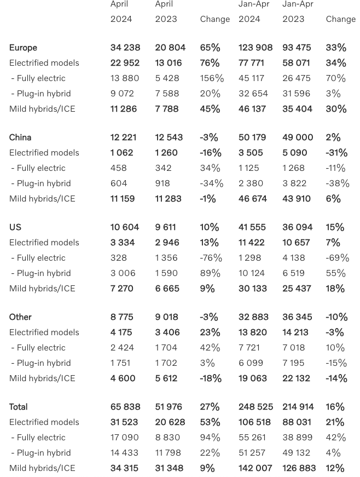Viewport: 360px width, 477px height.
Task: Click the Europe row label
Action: (x=23, y=48)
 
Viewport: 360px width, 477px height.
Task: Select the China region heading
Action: (x=20, y=137)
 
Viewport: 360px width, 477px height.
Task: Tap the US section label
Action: (x=15, y=227)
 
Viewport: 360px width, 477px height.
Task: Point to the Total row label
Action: (x=18, y=407)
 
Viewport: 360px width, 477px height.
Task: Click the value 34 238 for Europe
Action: (x=125, y=48)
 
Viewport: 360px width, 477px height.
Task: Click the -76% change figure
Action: (x=211, y=258)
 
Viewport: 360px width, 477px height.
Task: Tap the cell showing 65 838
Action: (x=125, y=407)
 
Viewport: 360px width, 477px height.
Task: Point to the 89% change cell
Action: (x=210, y=273)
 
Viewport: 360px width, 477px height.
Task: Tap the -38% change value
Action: (x=337, y=183)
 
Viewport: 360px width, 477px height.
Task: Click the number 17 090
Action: (x=125, y=438)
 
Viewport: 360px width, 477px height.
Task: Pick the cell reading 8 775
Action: (x=122, y=317)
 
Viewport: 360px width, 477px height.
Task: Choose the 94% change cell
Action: (x=210, y=438)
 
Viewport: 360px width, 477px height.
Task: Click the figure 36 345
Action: (x=298, y=317)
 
